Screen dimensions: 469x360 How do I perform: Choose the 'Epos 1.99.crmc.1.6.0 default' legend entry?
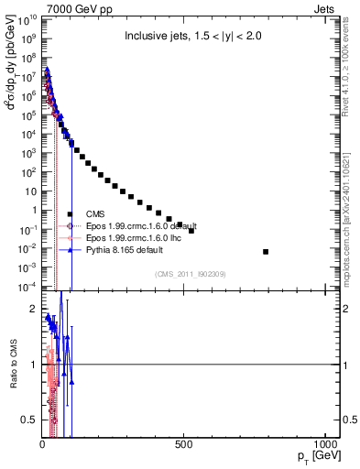coord(142,225)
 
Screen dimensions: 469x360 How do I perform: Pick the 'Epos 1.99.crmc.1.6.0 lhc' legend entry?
coord(136,237)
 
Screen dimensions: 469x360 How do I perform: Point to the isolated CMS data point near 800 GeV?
coord(266,251)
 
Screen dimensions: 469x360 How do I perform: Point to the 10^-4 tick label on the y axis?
coord(27,287)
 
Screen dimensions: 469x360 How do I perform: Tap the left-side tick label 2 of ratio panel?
coord(33,309)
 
